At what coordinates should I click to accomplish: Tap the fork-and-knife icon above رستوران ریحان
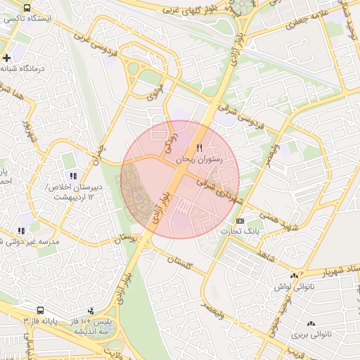(x=199, y=148)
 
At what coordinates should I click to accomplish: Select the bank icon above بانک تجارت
(x=240, y=220)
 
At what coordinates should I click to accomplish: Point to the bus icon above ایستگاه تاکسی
(x=27, y=8)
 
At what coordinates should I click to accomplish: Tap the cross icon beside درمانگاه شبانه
(x=6, y=58)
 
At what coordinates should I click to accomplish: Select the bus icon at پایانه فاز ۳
(x=39, y=310)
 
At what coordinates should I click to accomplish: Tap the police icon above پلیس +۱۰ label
(x=91, y=310)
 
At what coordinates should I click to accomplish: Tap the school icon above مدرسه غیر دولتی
(x=20, y=230)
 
